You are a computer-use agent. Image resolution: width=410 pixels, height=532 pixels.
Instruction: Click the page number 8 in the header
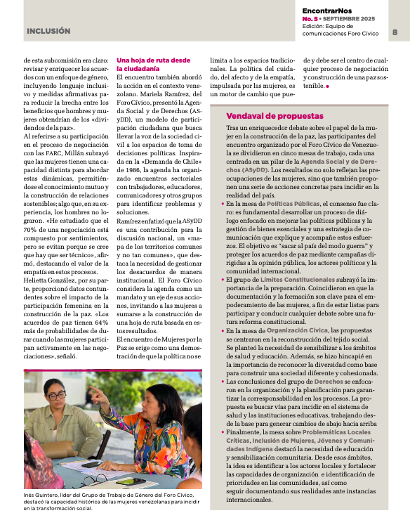click(x=395, y=32)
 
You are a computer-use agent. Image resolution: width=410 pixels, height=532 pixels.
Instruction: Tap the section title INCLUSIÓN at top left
click(x=48, y=32)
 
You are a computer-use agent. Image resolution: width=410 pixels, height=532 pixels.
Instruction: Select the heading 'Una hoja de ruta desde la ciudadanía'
click(x=143, y=65)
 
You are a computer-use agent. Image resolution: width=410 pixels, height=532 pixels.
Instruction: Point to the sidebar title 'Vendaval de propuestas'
click(x=275, y=116)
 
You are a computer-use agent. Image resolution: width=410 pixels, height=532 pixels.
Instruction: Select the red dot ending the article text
click(x=327, y=86)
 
